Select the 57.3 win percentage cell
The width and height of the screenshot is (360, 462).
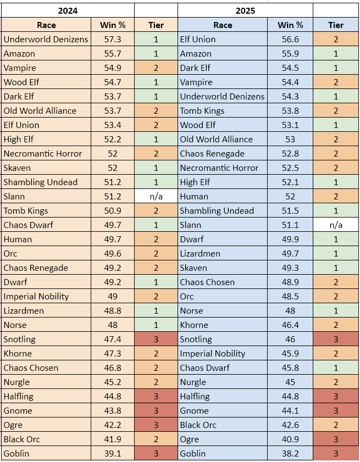tap(113, 39)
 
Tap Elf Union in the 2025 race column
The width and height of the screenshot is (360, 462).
tap(198, 39)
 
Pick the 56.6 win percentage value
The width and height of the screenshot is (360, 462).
tap(290, 39)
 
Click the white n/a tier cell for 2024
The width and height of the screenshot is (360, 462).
tap(156, 196)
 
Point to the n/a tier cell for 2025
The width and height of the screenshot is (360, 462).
tap(335, 225)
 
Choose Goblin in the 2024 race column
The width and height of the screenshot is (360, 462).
tap(16, 453)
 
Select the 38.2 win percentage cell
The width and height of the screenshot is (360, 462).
tap(290, 453)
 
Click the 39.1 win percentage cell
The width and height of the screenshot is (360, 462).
tap(113, 453)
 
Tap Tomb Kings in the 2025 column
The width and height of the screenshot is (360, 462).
tap(202, 110)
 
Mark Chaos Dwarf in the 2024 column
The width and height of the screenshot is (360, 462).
tap(28, 225)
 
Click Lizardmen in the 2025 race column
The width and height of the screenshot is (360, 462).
tap(201, 253)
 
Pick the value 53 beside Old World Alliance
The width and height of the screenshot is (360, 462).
tap(290, 139)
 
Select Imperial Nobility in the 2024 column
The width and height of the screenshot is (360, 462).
tap(36, 296)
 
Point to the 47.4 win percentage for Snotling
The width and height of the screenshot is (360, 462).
tap(113, 339)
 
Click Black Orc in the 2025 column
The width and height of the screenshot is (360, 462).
tap(198, 425)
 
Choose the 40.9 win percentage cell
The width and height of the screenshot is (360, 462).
tap(290, 439)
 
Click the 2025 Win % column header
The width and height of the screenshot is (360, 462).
tap(290, 25)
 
